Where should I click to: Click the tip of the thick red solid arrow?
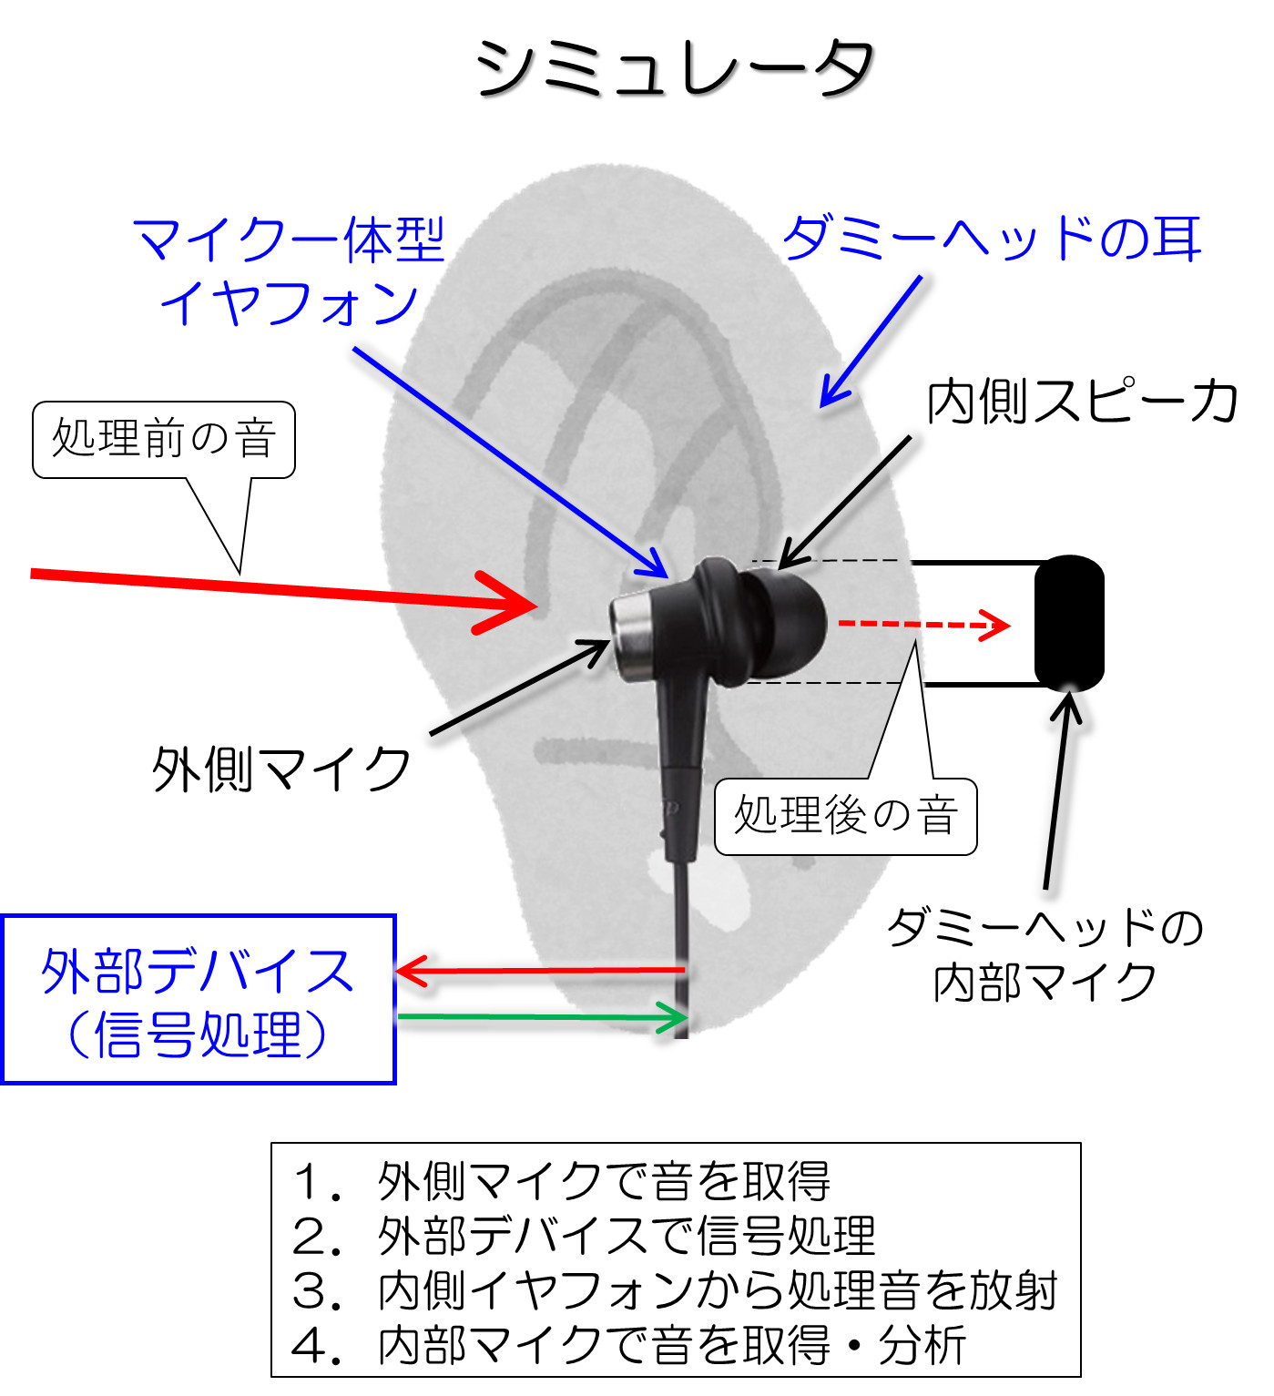tap(536, 606)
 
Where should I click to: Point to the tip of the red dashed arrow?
tap(1009, 625)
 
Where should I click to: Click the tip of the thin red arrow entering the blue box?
tap(395, 971)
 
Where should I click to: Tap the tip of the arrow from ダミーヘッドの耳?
tap(822, 406)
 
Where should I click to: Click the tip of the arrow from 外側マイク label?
tap(609, 642)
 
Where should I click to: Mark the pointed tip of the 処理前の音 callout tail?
tap(240, 575)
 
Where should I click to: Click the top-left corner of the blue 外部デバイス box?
tap(2, 916)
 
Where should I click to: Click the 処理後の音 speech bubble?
tap(845, 816)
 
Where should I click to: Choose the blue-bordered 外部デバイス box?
tap(199, 999)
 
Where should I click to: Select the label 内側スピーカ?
tap(1081, 402)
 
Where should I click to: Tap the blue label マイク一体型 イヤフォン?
tap(289, 270)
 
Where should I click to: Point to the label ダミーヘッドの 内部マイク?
tap(1045, 954)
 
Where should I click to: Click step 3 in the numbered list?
tap(675, 1291)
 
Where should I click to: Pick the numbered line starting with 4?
tap(628, 1345)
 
